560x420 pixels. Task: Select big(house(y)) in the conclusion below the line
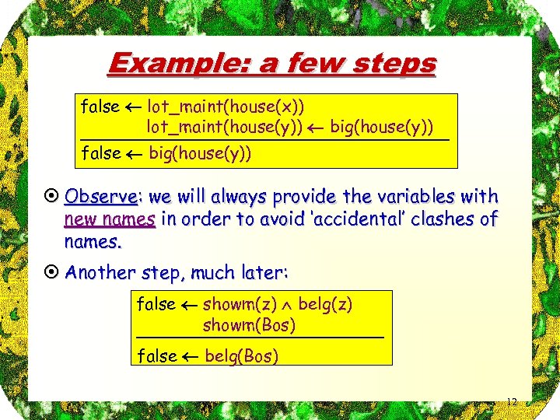(200, 153)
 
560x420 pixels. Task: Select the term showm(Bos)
(249, 324)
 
